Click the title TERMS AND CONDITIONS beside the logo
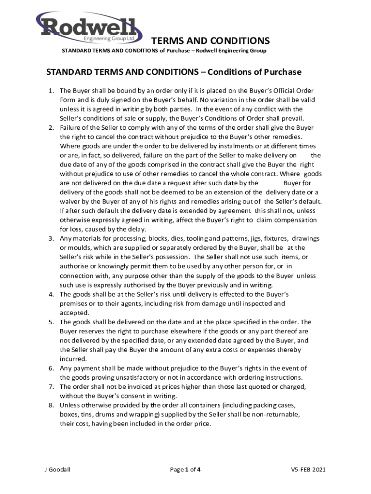click(211, 40)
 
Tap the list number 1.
click(51, 91)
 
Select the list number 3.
click(51, 238)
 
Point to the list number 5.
click(51, 322)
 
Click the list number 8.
click(51, 405)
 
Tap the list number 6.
click(51, 368)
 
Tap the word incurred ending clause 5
click(73, 359)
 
